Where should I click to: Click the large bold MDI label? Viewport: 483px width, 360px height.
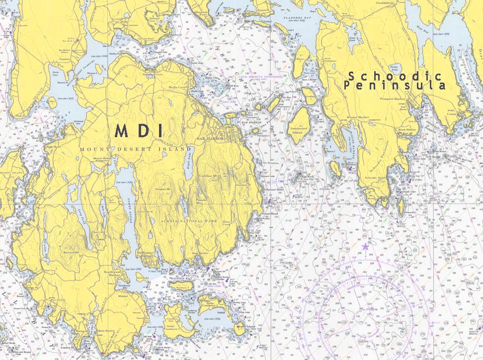139,131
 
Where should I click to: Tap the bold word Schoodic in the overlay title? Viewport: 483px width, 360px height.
395,76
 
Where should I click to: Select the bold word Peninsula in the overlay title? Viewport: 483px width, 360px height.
395,86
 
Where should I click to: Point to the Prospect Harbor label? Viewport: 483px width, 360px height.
393,99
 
